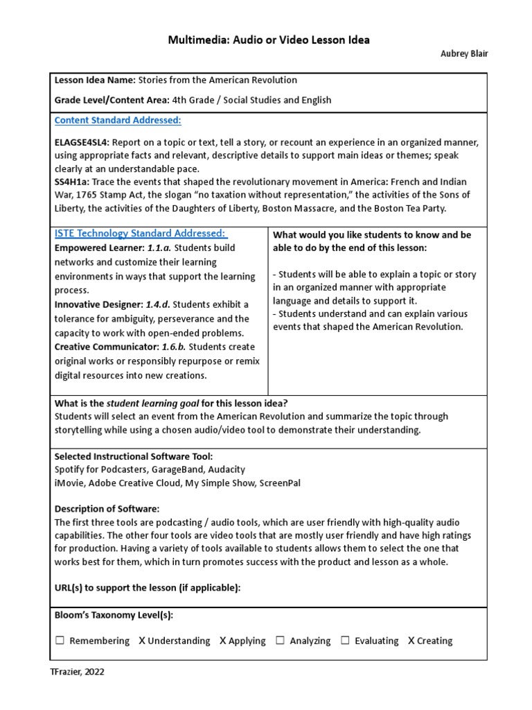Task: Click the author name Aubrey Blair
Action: [x=464, y=55]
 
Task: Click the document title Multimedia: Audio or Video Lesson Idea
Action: [x=269, y=40]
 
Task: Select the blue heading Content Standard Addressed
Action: [x=118, y=121]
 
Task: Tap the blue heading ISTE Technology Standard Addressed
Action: [x=141, y=234]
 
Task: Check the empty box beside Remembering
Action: [x=60, y=641]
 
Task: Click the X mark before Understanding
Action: [x=141, y=641]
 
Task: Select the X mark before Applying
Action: [x=222, y=641]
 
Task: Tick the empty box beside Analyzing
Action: [x=281, y=641]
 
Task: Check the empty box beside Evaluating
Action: [x=345, y=641]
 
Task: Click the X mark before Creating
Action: [x=411, y=641]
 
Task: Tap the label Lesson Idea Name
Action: [x=96, y=80]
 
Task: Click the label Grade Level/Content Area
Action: [x=113, y=100]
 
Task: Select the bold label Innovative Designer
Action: [x=98, y=304]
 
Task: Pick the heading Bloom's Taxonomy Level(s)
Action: [x=114, y=615]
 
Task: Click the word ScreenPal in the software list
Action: [x=280, y=483]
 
